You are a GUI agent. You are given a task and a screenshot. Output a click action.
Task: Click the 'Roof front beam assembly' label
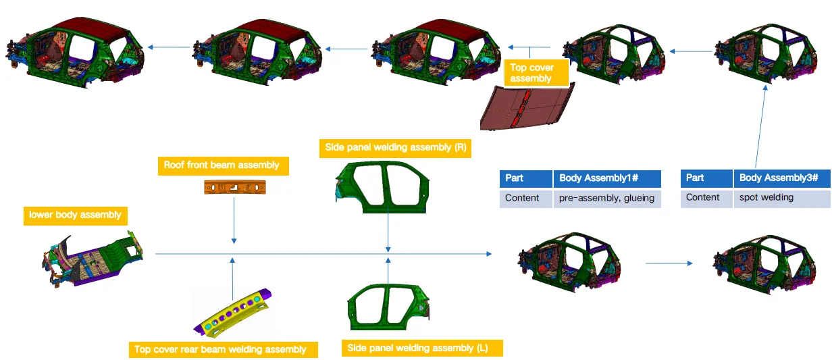pos(222,165)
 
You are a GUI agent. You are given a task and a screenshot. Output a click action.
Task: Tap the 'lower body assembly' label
pos(75,215)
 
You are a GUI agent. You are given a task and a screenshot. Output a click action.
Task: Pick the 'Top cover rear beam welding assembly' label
pos(220,349)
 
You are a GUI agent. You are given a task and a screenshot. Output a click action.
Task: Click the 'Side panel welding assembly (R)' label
pos(396,147)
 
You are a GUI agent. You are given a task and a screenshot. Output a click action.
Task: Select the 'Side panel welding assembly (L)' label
pos(417,349)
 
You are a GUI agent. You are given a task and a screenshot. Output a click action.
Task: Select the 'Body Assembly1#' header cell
pos(607,178)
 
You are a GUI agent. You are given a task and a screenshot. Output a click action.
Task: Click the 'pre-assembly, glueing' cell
pos(607,198)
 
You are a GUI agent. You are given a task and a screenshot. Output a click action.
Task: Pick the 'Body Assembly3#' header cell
pos(781,178)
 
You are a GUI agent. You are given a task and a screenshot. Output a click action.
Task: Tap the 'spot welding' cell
pos(781,198)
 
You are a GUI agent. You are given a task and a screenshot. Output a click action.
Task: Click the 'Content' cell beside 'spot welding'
pos(706,198)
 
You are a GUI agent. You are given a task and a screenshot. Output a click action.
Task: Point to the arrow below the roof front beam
pos(234,223)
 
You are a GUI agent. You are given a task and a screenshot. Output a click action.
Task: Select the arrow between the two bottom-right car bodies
pos(669,263)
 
